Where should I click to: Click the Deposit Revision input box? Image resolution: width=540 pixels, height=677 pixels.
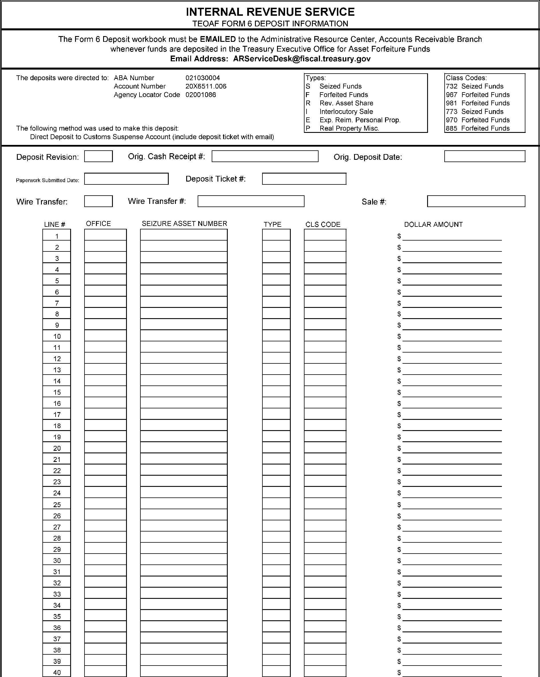(98, 156)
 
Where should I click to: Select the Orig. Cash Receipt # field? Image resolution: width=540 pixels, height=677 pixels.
(265, 156)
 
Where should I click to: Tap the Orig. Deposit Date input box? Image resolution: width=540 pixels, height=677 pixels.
(484, 156)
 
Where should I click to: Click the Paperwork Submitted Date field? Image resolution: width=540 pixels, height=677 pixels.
(126, 179)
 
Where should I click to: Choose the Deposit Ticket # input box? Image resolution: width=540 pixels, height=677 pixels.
(304, 179)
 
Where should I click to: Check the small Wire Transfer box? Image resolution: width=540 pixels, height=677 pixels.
(98, 201)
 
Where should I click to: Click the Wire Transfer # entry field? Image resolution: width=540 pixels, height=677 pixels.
(251, 201)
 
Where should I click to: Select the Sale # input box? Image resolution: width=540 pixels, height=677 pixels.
(476, 201)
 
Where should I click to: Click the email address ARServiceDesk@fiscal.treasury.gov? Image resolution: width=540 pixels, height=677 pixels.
(302, 59)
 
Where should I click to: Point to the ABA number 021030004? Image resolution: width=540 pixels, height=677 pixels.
(203, 78)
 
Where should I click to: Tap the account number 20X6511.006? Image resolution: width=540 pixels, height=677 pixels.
(206, 86)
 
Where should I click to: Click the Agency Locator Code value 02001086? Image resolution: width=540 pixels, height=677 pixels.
(201, 95)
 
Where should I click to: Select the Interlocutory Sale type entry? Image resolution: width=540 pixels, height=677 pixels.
(346, 112)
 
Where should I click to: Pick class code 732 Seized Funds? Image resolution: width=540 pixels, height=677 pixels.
(474, 86)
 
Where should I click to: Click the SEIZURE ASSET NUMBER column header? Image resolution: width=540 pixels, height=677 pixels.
(184, 224)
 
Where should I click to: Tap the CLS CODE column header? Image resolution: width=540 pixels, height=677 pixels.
(323, 225)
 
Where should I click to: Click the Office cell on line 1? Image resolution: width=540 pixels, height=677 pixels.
(105, 235)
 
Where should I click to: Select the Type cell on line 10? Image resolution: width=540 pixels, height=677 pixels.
(276, 336)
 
